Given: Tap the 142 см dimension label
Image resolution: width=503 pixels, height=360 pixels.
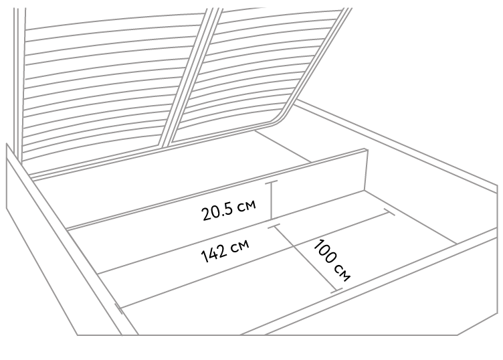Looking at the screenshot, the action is click(225, 250).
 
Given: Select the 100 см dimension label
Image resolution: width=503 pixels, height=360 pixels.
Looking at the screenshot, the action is click(332, 260).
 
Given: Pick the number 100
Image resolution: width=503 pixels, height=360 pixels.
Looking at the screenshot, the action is click(325, 252).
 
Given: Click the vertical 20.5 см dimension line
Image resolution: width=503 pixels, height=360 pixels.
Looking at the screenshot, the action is click(272, 201).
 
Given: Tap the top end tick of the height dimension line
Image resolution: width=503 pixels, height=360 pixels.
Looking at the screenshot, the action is click(272, 182).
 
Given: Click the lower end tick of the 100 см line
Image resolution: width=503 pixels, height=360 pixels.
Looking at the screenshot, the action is click(336, 290).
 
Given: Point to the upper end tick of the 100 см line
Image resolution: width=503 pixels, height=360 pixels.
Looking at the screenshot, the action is click(274, 226).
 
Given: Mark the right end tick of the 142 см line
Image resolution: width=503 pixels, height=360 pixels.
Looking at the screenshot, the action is click(389, 212).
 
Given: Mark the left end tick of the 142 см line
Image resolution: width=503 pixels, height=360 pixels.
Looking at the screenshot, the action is click(119, 308).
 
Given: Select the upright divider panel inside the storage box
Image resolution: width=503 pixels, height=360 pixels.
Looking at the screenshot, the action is click(217, 189).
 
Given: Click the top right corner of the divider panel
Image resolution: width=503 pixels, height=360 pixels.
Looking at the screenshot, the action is click(365, 149).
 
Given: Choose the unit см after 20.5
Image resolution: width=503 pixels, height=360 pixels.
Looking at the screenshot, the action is click(247, 205).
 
